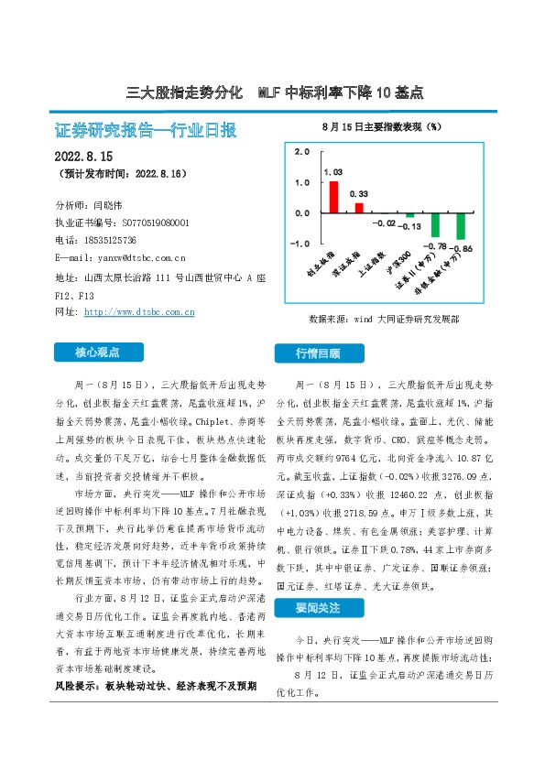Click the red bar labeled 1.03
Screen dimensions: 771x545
point(333,196)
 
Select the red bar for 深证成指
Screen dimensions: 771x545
point(359,207)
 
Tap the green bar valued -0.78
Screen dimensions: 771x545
point(435,225)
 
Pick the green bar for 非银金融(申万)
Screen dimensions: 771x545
point(461,226)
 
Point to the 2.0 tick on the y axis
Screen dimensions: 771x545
point(301,152)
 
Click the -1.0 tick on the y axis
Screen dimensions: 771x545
point(300,244)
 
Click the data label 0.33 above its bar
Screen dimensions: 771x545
point(359,194)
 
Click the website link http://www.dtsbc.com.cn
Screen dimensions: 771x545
point(138,312)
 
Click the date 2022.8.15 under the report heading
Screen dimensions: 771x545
point(83,155)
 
